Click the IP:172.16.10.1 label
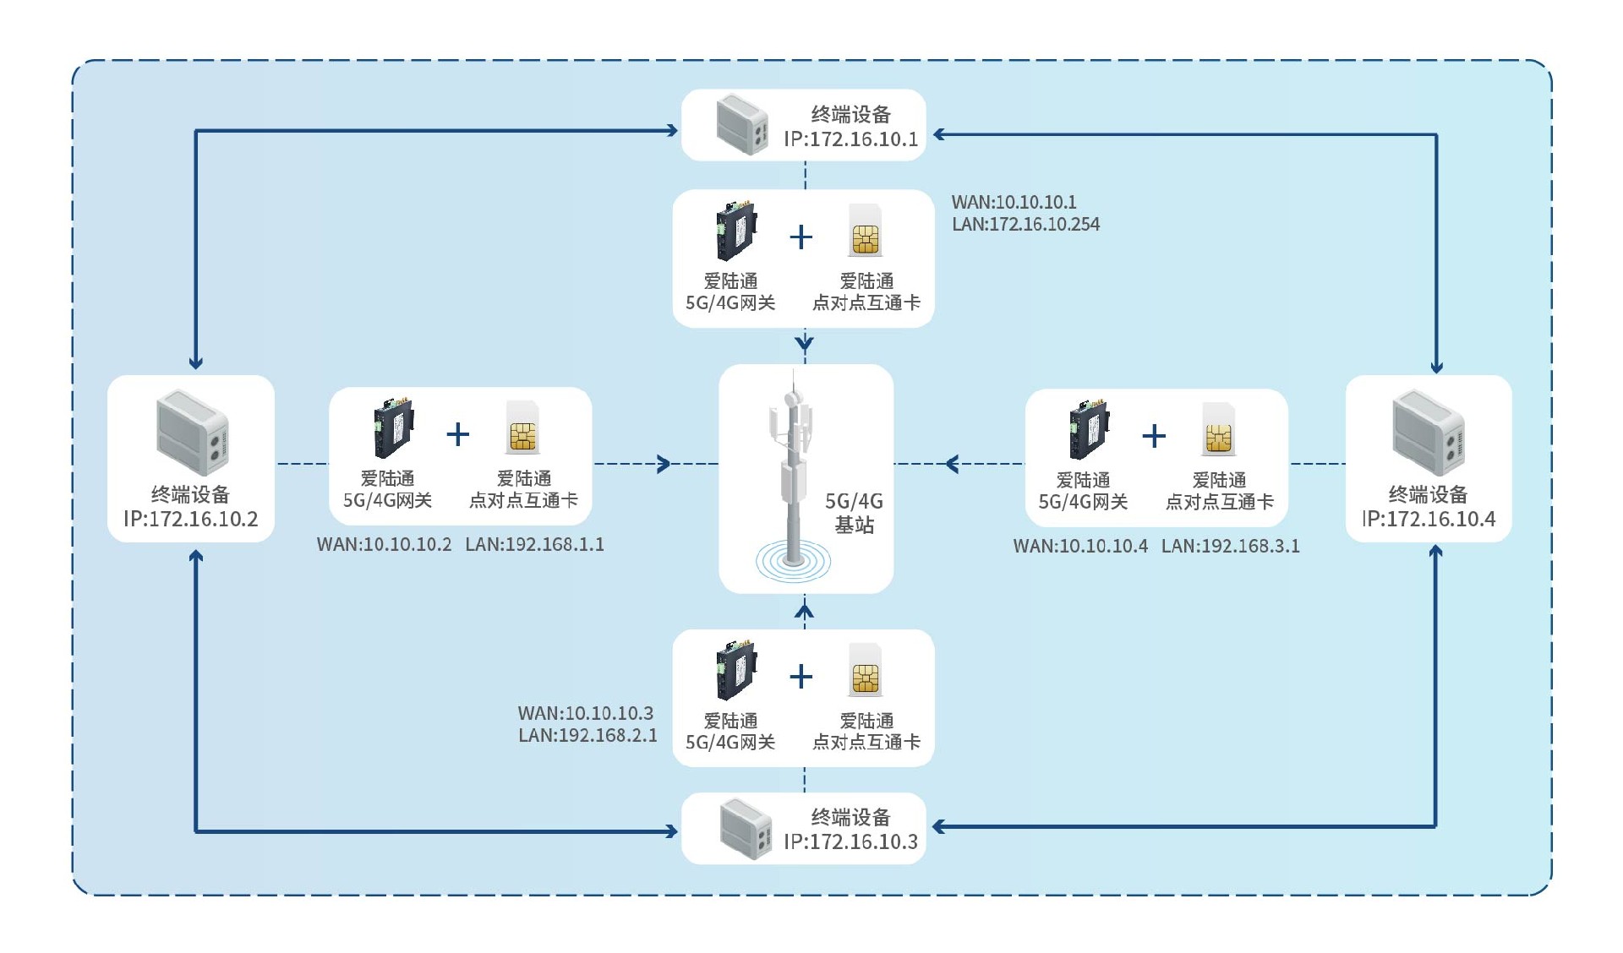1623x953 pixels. coord(850,139)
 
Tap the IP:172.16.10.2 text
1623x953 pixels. coord(191,519)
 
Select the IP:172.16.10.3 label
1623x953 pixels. coord(850,841)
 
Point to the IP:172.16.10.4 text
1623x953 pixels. coord(1429,519)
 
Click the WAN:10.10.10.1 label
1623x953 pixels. coord(1014,202)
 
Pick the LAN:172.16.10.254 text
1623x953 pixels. coord(1025,225)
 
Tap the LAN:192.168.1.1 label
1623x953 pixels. coord(534,545)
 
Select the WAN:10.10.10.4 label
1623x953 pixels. coord(1080,547)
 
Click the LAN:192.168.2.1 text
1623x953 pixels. coord(587,736)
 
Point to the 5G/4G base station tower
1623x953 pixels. coord(792,477)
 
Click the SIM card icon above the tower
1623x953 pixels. coord(866,231)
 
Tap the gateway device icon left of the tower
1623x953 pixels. coord(393,429)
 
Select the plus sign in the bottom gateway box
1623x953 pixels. coord(801,677)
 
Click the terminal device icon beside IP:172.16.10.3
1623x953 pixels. coord(746,830)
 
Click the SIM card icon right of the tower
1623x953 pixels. coord(1218,430)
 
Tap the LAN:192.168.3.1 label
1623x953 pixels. coord(1230,547)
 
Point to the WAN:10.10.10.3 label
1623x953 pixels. coord(585,714)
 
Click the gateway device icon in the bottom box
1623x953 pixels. coord(735,672)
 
